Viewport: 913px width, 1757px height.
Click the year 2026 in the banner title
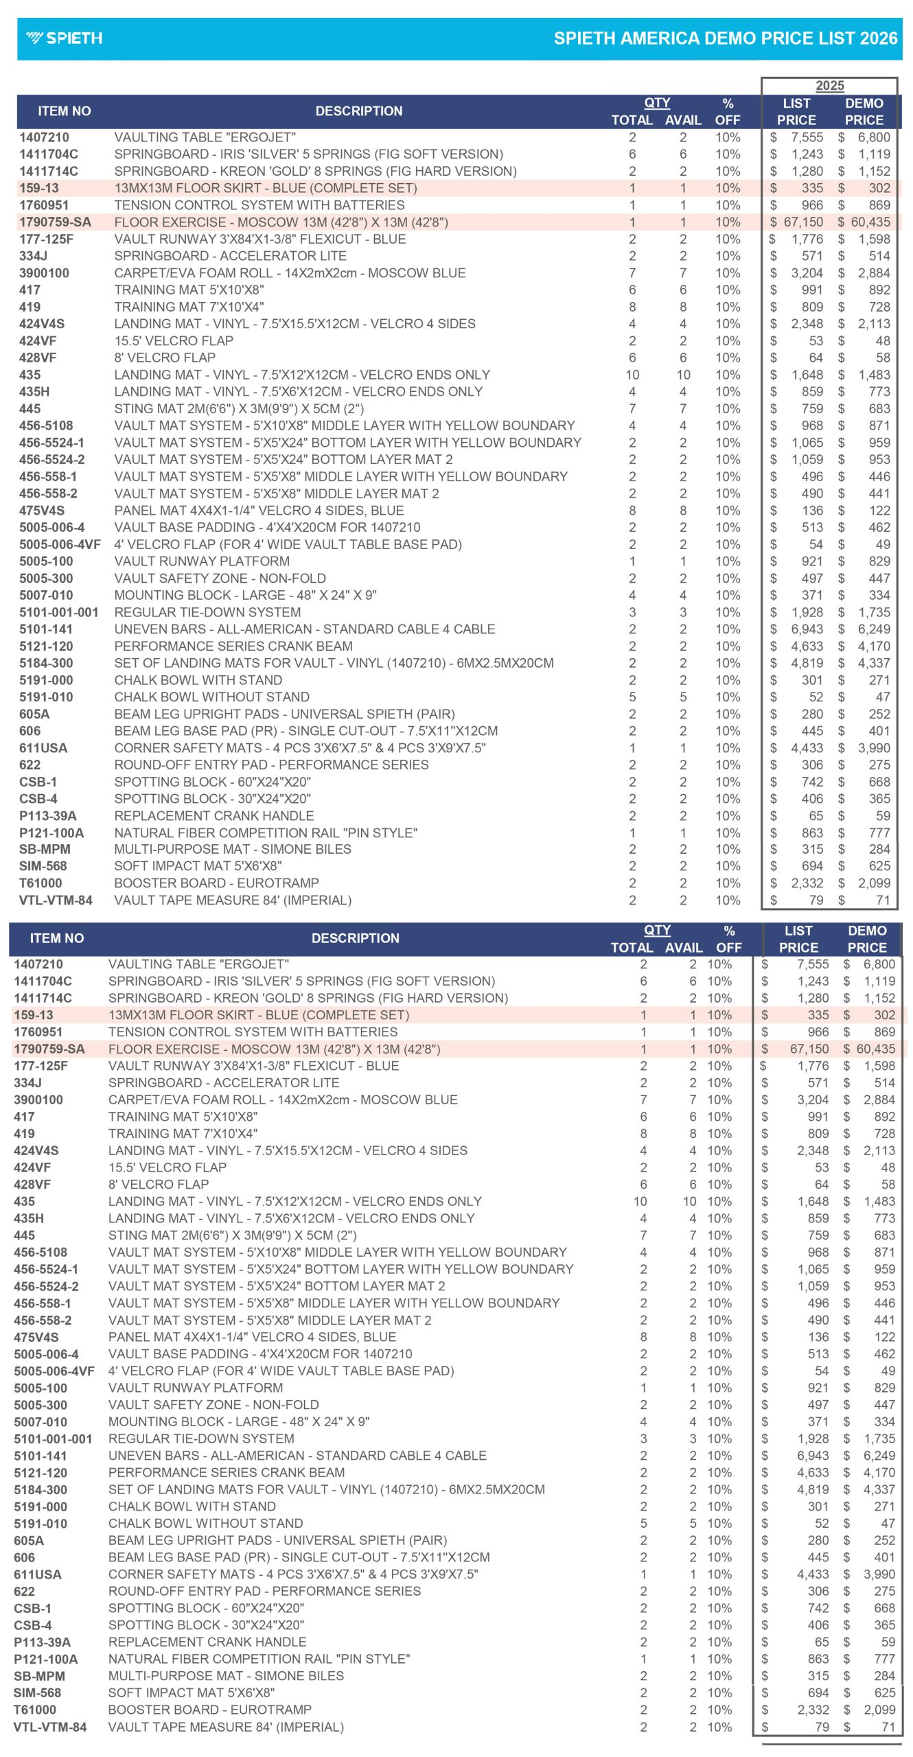878,38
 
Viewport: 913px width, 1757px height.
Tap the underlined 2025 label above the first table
829,86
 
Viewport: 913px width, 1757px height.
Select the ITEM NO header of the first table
65,111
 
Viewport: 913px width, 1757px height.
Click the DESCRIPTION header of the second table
355,938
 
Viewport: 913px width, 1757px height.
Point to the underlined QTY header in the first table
657,103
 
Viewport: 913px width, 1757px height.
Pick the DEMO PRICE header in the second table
867,939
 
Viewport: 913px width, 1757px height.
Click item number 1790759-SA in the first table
55,222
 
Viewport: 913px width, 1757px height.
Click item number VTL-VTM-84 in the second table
50,1727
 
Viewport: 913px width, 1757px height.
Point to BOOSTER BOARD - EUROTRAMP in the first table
216,883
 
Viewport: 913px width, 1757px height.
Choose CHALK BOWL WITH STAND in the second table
192,1506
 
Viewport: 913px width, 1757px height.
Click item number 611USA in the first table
43,748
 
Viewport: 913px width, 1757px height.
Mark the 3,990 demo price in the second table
879,1574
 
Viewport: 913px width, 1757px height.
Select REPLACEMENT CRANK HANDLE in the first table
214,816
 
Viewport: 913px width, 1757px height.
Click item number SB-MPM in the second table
40,1676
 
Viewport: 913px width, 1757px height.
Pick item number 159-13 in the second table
34,1015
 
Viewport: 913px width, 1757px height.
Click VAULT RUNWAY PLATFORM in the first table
202,561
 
